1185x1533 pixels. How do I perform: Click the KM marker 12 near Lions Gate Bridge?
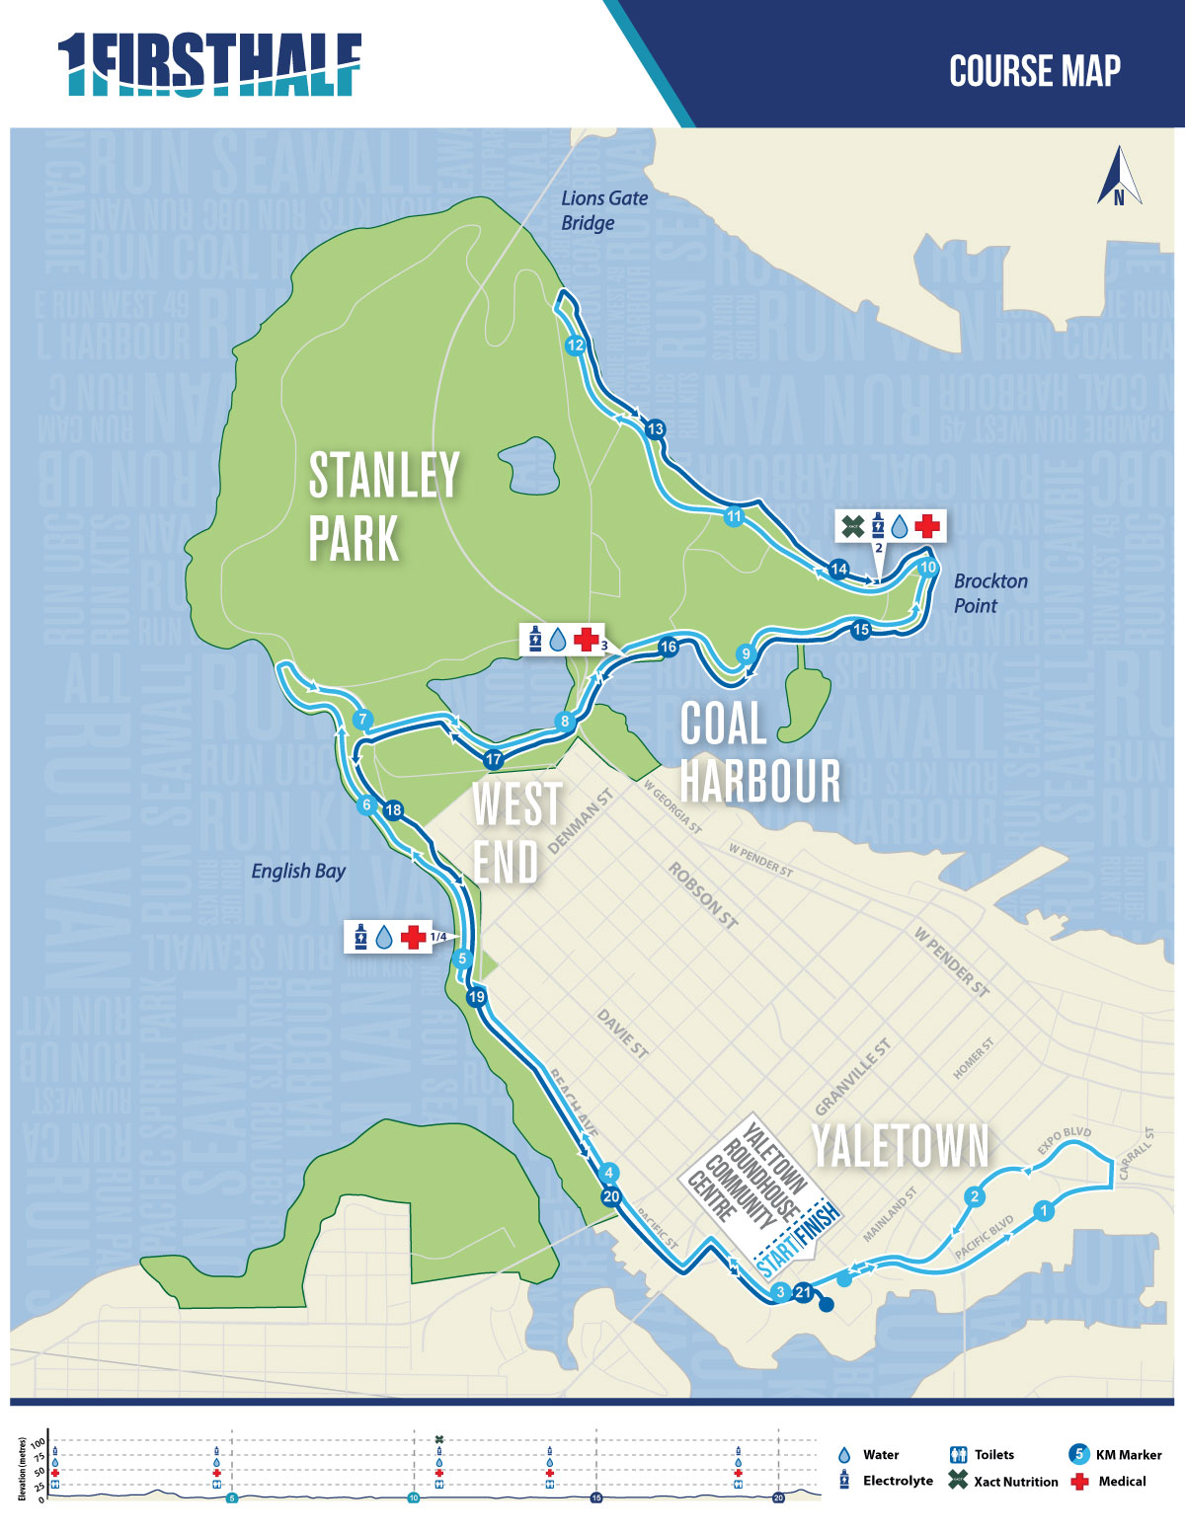click(x=575, y=345)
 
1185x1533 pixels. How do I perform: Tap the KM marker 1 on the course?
click(x=1044, y=1210)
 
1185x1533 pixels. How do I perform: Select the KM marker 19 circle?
click(x=477, y=997)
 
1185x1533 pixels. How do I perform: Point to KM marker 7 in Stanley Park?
click(x=362, y=719)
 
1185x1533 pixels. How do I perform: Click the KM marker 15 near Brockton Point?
click(x=860, y=630)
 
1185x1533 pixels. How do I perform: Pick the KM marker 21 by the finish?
click(x=803, y=1291)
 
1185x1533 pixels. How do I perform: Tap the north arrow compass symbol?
click(x=1119, y=178)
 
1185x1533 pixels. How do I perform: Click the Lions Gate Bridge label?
click(x=603, y=210)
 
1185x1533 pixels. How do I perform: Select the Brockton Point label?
click(x=989, y=593)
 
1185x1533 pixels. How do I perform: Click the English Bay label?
click(x=298, y=871)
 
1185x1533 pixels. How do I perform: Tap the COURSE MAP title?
click(x=1034, y=71)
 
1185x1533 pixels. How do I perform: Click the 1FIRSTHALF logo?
click(x=209, y=65)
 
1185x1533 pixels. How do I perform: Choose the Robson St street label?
click(x=703, y=895)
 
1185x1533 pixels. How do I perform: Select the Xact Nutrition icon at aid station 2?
click(x=851, y=526)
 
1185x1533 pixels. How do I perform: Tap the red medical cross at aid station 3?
click(x=586, y=639)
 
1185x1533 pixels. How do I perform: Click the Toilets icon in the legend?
click(x=957, y=1455)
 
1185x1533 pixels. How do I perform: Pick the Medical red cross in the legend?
click(x=1079, y=1482)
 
